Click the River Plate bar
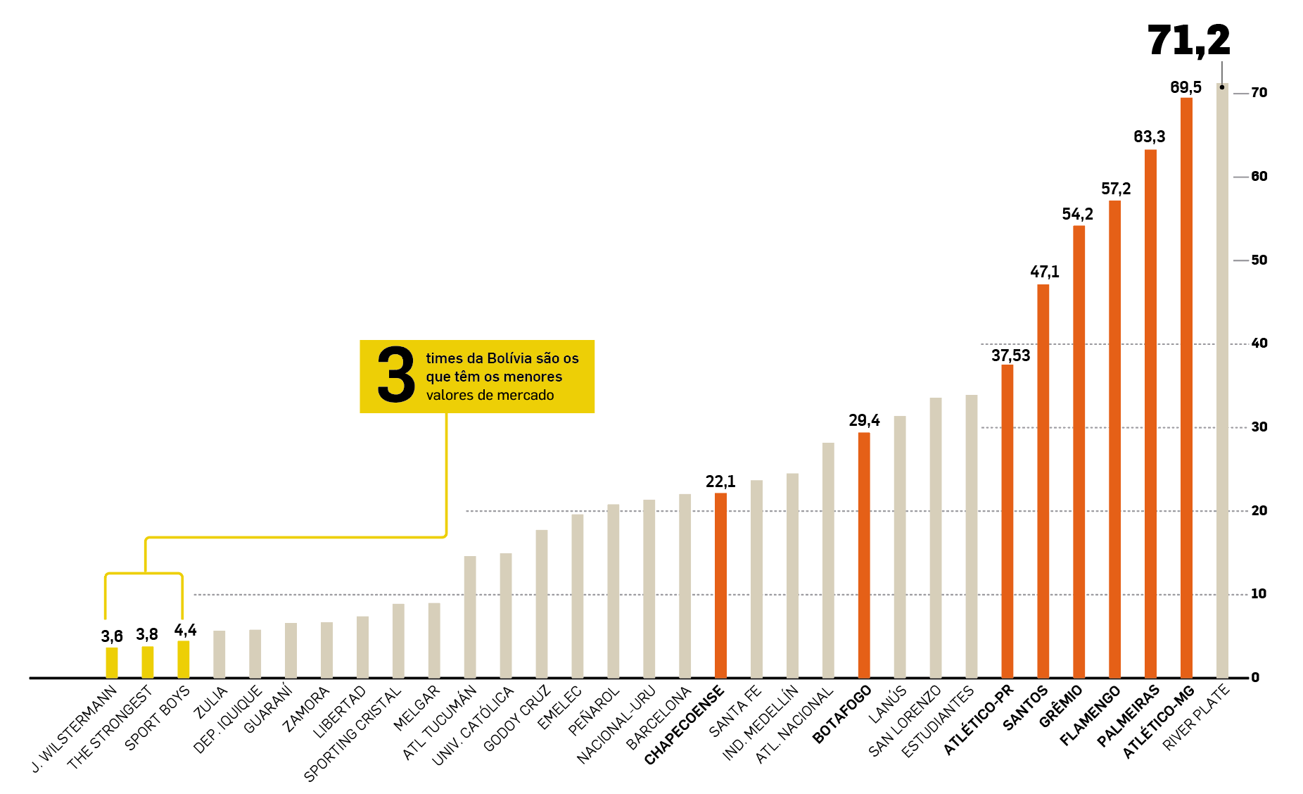click(x=1222, y=380)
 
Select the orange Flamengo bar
click(x=1114, y=439)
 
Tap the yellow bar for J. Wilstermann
click(x=112, y=662)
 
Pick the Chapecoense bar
click(x=720, y=586)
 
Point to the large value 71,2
click(x=1188, y=40)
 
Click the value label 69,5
click(x=1186, y=87)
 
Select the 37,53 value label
click(x=1010, y=355)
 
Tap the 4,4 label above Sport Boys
click(x=185, y=630)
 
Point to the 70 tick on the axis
click(x=1259, y=93)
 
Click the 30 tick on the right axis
click(x=1259, y=427)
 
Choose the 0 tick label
click(x=1255, y=678)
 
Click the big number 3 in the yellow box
click(x=396, y=376)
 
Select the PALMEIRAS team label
click(x=1128, y=717)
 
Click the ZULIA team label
click(x=211, y=702)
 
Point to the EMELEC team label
click(x=559, y=708)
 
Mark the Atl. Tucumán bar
click(x=470, y=617)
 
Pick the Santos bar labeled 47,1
click(x=1043, y=481)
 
